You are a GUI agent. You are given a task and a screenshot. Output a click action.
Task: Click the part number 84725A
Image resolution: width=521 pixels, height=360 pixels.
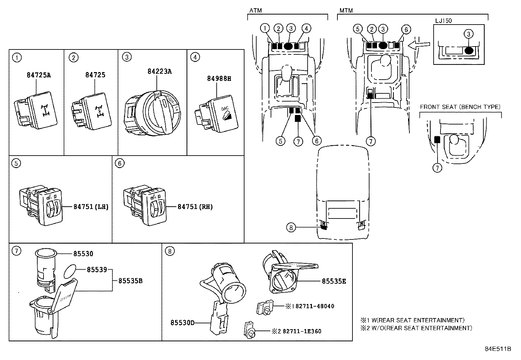coord(39,75)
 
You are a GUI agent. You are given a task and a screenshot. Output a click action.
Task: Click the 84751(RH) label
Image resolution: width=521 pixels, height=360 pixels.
coord(195,207)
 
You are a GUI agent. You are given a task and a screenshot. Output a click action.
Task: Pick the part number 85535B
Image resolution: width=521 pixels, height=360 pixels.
coord(130,281)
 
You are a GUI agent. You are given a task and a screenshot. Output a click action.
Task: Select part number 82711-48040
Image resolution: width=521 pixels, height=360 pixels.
coord(313,306)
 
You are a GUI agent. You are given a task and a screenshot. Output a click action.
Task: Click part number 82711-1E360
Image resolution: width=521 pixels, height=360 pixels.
coord(301,331)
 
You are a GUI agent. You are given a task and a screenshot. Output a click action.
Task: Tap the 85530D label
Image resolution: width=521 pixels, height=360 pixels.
coord(182,323)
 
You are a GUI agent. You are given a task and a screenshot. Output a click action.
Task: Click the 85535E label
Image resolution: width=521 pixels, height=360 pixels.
coord(334,281)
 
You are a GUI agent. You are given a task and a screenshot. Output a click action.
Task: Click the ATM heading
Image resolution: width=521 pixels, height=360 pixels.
coord(255,10)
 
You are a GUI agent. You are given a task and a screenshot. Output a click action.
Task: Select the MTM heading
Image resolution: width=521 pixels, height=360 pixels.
coord(346,10)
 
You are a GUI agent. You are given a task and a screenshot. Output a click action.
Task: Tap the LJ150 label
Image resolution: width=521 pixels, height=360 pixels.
coord(443,21)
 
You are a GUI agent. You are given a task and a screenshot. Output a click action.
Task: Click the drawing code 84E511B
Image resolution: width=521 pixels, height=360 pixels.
coord(498,349)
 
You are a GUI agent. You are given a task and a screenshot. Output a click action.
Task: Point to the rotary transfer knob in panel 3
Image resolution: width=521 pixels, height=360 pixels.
coord(157,113)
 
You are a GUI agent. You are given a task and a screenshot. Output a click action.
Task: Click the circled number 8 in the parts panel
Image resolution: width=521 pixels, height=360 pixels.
coord(169,251)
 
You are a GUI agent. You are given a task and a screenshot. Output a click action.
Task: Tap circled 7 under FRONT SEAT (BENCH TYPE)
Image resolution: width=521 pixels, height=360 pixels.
coord(437,168)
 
